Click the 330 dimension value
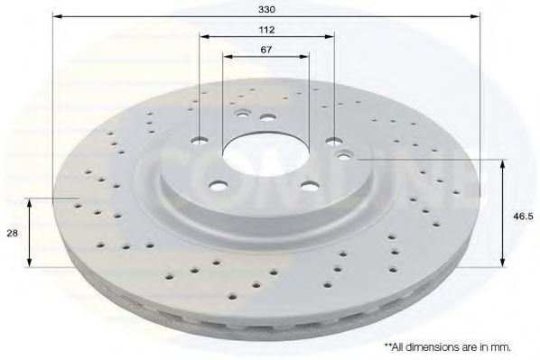coord(266,9)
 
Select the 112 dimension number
coord(266,30)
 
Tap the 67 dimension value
coord(265,50)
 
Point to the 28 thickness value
coord(13,233)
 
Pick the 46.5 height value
coord(523,217)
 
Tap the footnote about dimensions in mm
coord(447,347)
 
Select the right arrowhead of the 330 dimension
coord(475,16)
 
